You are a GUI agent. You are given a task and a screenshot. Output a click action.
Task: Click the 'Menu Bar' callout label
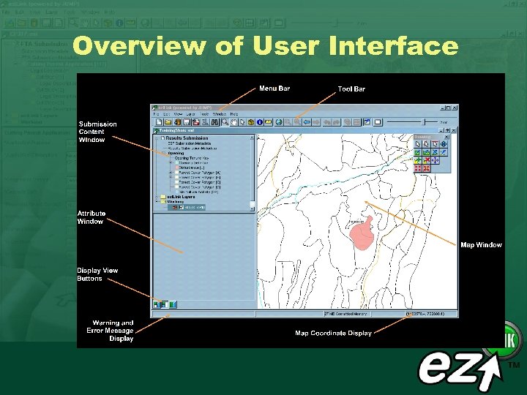click(x=274, y=89)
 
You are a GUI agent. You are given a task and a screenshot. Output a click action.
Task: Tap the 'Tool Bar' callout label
click(x=351, y=89)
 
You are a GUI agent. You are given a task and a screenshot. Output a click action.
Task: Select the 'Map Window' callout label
click(x=481, y=245)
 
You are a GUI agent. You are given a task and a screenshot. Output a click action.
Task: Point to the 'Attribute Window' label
click(x=91, y=217)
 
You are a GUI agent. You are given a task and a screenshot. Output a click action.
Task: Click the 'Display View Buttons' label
click(x=97, y=274)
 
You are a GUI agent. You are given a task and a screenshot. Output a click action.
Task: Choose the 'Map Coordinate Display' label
click(x=333, y=333)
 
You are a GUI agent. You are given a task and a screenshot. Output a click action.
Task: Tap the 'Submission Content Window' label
click(x=97, y=132)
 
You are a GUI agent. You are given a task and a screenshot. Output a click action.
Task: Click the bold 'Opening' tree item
click(x=176, y=153)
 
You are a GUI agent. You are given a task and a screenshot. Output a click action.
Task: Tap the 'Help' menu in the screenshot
click(x=234, y=114)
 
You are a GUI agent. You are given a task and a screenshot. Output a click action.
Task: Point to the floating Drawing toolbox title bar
click(x=431, y=136)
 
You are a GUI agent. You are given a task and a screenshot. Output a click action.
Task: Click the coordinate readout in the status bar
click(x=430, y=313)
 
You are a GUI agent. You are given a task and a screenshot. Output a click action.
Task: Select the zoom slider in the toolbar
click(x=414, y=121)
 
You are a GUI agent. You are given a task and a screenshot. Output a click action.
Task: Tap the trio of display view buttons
click(x=160, y=304)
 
